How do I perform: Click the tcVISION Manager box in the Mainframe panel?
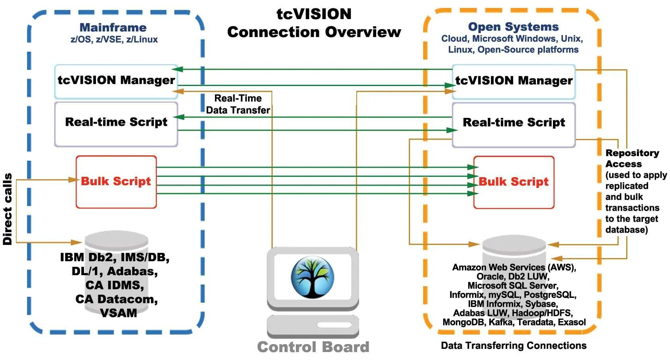coord(116,82)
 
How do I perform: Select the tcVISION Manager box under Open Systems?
coord(514,82)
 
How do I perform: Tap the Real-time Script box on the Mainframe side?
coord(116,125)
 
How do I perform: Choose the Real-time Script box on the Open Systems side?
coord(514,125)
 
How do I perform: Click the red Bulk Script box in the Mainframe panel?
coord(116,182)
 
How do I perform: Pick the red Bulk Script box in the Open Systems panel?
coord(514,182)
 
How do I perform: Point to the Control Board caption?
coord(313,347)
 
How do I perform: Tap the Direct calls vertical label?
coord(8,209)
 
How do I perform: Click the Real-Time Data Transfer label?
coord(238,104)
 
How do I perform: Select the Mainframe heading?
coord(113,27)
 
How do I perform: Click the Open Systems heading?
coord(513,27)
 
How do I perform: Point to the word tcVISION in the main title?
coord(314,14)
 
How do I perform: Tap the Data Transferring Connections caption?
coord(514,346)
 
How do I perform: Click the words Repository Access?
coord(632,158)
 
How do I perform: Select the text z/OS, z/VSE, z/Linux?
coord(114,39)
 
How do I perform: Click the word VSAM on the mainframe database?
coord(119,313)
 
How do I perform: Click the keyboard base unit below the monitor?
coord(313,327)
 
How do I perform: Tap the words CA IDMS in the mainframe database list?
coord(115,285)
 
